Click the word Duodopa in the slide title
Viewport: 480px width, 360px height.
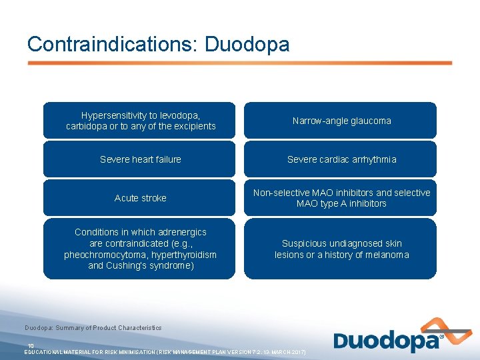247,44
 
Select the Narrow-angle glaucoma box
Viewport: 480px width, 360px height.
340,121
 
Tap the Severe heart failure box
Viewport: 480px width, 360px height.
139,159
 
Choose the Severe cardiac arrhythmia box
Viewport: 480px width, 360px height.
340,159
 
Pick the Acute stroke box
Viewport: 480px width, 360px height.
139,198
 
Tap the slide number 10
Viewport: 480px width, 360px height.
31,345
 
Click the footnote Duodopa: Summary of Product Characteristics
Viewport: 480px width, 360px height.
93,328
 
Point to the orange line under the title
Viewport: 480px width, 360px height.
239,63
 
